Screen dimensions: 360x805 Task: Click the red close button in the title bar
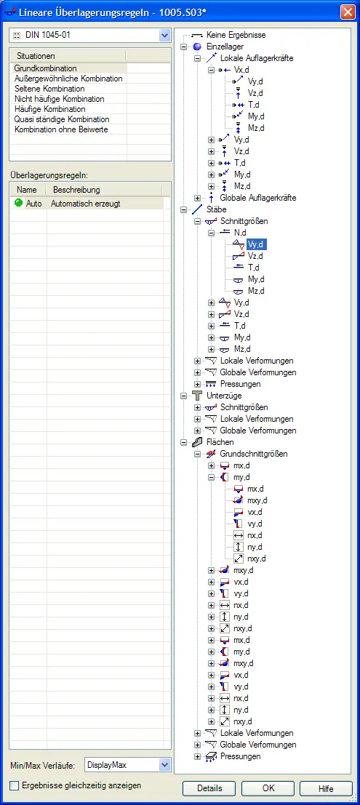[x=348, y=12]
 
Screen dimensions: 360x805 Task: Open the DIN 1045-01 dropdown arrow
[x=165, y=36]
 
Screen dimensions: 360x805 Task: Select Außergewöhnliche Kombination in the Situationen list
[x=68, y=79]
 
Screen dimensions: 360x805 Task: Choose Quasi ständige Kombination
[x=62, y=119]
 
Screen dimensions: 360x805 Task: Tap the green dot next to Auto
[x=19, y=204]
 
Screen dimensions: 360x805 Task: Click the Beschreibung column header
[x=76, y=190]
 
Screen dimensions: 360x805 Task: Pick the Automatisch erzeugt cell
[x=86, y=204]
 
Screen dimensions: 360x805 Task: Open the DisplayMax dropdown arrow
[x=165, y=765]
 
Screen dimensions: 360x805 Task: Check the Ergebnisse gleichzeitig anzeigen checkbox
[x=15, y=785]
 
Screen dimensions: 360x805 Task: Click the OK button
[x=268, y=788]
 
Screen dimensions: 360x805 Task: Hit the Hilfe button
[x=326, y=788]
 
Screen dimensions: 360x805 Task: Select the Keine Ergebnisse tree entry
[x=236, y=36]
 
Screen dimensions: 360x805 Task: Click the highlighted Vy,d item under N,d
[x=256, y=244]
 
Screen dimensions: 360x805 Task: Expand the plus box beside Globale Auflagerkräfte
[x=198, y=198]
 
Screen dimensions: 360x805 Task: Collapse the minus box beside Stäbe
[x=184, y=209]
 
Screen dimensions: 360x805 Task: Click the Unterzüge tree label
[x=224, y=396]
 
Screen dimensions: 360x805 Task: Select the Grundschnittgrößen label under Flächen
[x=254, y=454]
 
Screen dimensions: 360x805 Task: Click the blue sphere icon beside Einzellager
[x=197, y=47]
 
